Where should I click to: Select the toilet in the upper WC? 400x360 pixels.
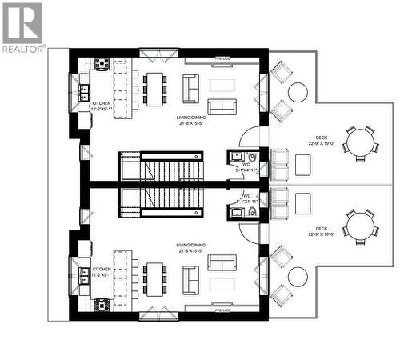pos(251,157)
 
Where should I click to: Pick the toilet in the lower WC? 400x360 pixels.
pos(251,212)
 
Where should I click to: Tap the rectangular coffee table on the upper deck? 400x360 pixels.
pos(303,164)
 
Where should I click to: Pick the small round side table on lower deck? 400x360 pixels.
pos(297,277)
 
